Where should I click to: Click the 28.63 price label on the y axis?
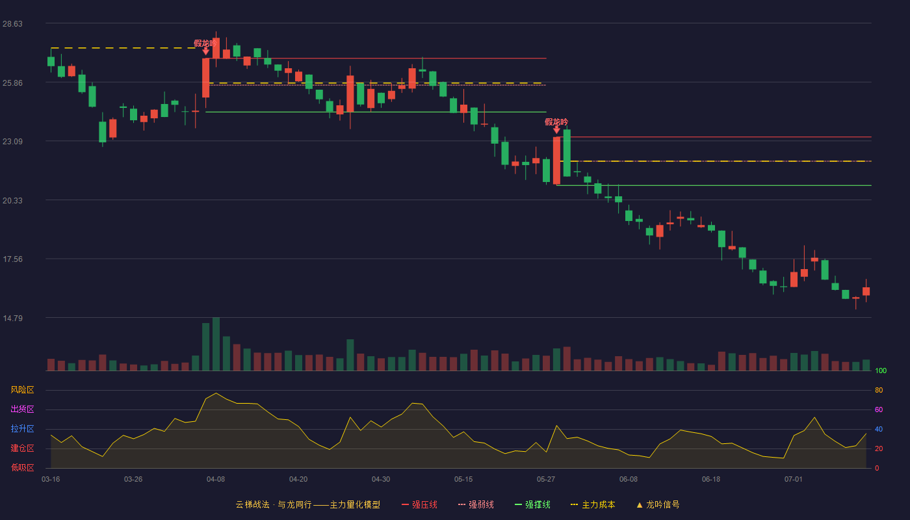point(12,24)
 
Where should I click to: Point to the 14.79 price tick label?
point(12,318)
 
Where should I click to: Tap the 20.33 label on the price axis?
point(12,201)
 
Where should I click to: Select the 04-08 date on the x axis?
point(216,480)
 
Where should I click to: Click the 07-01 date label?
point(794,480)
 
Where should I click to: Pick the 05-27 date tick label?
point(546,480)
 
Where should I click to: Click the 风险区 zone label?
point(22,390)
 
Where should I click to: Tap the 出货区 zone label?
point(22,409)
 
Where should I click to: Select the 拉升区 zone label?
point(22,428)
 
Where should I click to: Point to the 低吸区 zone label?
point(22,467)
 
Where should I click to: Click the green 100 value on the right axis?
point(881,370)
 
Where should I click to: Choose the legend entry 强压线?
point(419,504)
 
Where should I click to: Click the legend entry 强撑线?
point(532,504)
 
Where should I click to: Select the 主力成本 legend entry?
point(593,504)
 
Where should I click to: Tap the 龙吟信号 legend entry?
point(658,504)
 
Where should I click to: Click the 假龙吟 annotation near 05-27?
point(556,122)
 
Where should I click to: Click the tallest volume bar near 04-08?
point(216,344)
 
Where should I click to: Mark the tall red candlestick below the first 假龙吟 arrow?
point(206,78)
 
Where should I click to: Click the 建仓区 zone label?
point(22,448)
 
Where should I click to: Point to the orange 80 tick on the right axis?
point(879,390)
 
